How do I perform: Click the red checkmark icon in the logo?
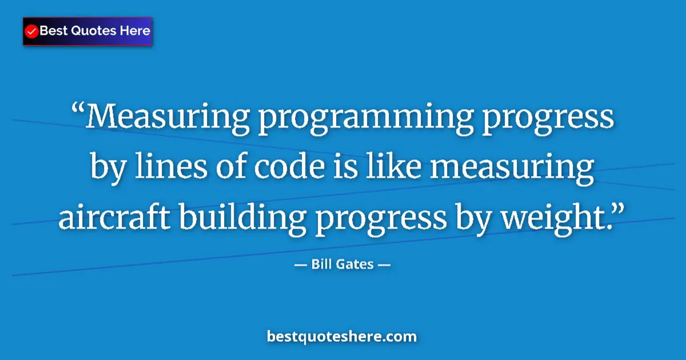click(32, 31)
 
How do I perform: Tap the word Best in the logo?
click(52, 31)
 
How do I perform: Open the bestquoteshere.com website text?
click(342, 337)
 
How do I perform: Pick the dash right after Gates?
click(384, 265)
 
